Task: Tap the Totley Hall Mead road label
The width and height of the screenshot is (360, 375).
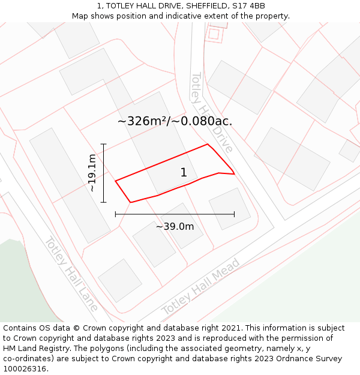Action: click(x=201, y=287)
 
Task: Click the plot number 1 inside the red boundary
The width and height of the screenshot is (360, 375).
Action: click(x=184, y=173)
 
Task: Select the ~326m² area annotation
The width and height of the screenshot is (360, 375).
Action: click(x=142, y=121)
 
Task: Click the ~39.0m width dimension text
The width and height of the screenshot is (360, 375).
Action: click(x=175, y=226)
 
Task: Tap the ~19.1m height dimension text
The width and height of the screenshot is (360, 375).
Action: click(x=91, y=173)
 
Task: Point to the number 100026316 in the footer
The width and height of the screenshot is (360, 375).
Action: click(x=25, y=368)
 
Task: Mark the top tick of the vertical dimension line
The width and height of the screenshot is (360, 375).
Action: click(x=103, y=144)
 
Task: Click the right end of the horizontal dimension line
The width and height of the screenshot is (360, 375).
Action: click(x=234, y=214)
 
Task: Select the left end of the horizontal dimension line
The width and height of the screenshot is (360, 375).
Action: click(x=115, y=214)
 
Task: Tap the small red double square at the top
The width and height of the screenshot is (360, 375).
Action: click(x=214, y=33)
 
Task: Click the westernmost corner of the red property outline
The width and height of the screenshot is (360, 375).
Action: click(x=115, y=181)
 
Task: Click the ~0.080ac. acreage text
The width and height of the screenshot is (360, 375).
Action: click(x=202, y=121)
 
